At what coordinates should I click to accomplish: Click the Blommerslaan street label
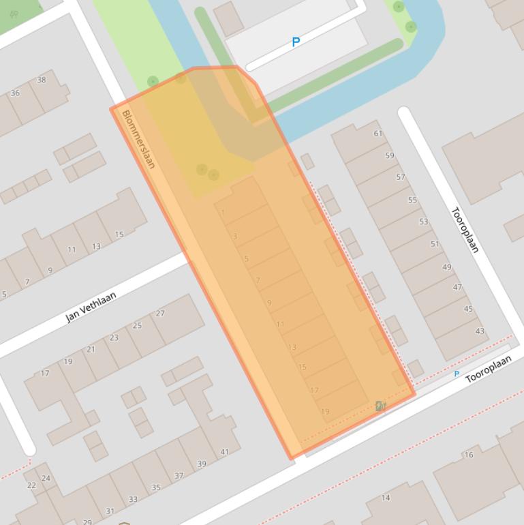coord(138,139)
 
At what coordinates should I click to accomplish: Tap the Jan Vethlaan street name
coord(91,307)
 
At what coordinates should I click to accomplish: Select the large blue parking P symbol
coord(296,42)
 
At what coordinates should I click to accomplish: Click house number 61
coord(378,134)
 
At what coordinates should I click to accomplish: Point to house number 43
coord(480,331)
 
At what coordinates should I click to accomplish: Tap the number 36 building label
coord(15,93)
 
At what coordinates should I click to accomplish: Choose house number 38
coord(42,80)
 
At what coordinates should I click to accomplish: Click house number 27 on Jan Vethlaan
coord(160,314)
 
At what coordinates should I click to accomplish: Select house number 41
coord(224,452)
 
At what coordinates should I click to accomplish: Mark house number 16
coord(468,455)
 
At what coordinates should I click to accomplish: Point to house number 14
coord(386,498)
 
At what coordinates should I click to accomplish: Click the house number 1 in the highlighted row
coord(223,213)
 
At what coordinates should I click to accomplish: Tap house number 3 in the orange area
coord(235,237)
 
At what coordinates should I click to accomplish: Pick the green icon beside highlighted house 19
coord(380,406)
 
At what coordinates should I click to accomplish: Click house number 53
coord(424,222)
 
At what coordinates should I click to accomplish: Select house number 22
coord(31,485)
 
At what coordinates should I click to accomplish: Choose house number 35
coord(155,487)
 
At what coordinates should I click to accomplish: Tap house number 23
coord(114,337)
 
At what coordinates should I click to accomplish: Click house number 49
coord(446,267)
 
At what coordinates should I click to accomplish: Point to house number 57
coord(401,177)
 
